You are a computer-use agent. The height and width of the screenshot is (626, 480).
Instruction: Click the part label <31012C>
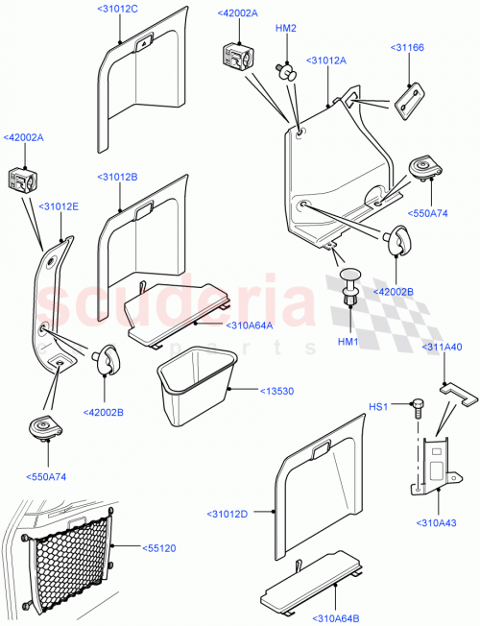tap(118, 9)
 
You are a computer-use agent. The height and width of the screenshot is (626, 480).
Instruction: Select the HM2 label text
tap(286, 28)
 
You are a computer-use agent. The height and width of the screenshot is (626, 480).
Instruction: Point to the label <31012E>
tap(59, 205)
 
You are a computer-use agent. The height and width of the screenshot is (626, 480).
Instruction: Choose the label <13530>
tap(278, 391)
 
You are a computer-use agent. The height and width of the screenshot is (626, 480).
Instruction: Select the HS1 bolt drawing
tap(418, 407)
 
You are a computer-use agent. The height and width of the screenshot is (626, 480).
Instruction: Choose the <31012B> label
tap(117, 178)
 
